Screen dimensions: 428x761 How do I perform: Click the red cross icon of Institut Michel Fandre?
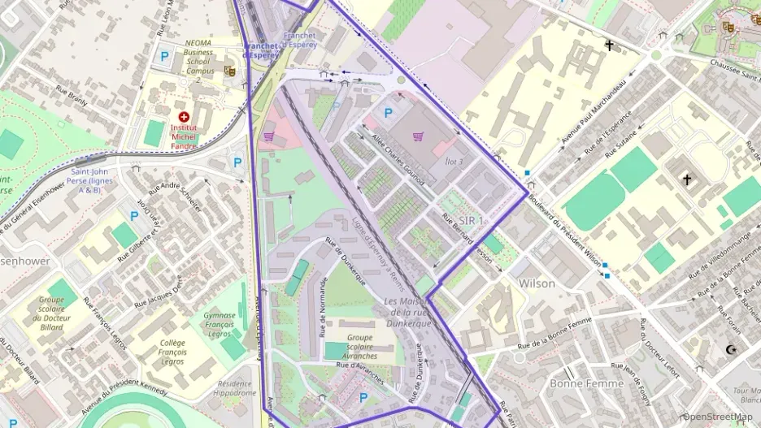(x=184, y=117)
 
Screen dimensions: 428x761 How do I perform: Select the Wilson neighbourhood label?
(x=537, y=283)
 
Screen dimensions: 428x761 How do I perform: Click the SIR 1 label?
(x=471, y=221)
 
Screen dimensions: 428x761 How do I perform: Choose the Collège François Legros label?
(x=172, y=352)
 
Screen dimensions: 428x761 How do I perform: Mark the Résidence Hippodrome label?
(x=234, y=388)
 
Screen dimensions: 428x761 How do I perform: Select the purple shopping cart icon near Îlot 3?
(x=418, y=136)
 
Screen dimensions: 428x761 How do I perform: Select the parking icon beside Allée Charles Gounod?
(x=388, y=114)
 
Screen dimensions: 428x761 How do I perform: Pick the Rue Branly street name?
(x=72, y=97)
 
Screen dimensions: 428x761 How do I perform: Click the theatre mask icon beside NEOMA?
(x=230, y=71)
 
